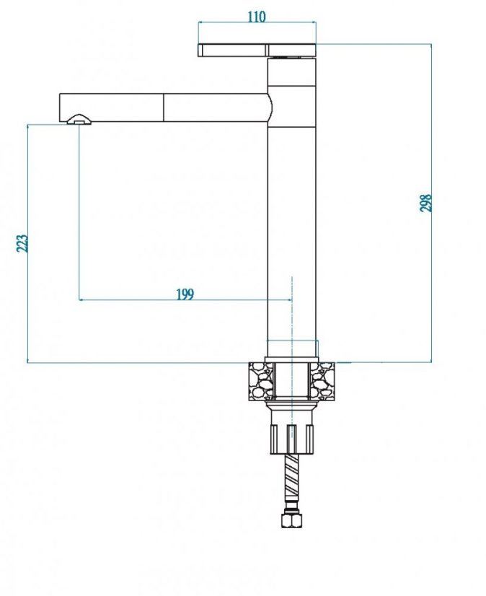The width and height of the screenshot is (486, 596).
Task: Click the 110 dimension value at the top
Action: [x=257, y=17]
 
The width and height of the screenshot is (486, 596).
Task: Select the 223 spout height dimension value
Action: [x=22, y=243]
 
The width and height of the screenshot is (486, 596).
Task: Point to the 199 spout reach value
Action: [x=185, y=294]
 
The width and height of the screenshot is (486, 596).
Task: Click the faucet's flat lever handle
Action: [x=257, y=51]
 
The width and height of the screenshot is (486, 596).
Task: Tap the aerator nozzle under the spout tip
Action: [x=79, y=119]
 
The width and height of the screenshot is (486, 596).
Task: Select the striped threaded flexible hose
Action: [x=292, y=475]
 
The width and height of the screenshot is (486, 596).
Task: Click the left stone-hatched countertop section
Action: [x=260, y=381]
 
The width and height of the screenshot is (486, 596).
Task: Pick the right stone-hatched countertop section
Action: [x=322, y=381]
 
